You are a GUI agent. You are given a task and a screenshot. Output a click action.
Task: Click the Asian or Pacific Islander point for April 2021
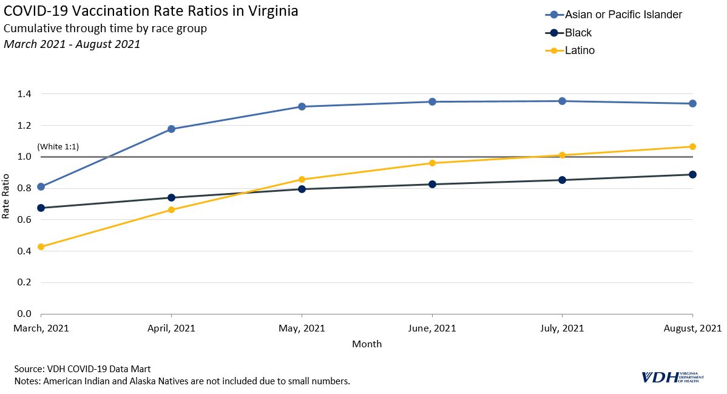171,129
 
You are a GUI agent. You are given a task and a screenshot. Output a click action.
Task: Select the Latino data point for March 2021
41,247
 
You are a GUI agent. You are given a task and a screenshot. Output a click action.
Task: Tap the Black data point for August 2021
692,174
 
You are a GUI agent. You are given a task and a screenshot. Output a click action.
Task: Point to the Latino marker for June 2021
432,163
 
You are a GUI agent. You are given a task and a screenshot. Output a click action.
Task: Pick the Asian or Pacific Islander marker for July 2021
563,101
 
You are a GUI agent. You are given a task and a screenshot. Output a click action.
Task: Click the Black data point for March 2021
41,208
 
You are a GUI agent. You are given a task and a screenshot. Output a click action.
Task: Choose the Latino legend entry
580,50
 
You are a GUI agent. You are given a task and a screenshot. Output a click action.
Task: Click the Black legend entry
578,33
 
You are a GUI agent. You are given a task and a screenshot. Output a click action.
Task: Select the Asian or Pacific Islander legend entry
623,15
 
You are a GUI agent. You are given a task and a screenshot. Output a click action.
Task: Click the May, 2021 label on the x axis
302,328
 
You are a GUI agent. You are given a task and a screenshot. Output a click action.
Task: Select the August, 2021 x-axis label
692,328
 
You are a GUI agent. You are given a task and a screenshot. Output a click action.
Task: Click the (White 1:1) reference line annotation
58,147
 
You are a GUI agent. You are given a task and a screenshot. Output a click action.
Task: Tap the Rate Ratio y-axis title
6,196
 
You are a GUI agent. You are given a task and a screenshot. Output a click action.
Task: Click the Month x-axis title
367,344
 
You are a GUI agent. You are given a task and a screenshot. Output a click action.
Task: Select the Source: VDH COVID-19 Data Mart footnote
82,369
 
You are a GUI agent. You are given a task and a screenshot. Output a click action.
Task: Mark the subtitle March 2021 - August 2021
72,44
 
